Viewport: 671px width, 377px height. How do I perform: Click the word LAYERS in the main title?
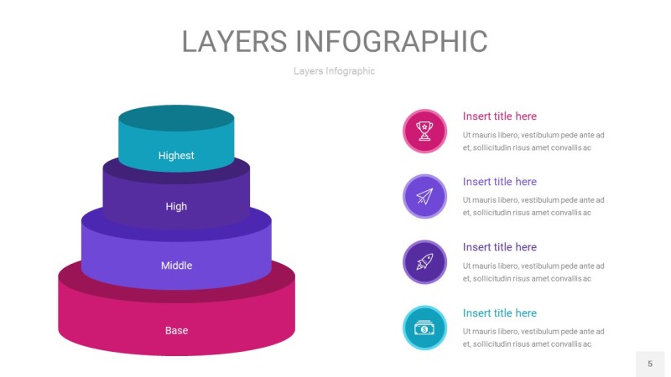pos(235,41)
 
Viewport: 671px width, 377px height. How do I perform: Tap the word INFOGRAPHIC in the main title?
pos(392,41)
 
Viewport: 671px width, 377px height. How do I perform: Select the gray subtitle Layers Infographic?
pos(334,71)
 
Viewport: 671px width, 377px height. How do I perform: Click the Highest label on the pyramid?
pos(176,156)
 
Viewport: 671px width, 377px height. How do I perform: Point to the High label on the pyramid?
pos(176,206)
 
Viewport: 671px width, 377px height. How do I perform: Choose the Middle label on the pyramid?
pos(176,266)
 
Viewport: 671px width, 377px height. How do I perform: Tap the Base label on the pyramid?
pos(176,330)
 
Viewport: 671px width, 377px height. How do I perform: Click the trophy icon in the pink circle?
pos(424,131)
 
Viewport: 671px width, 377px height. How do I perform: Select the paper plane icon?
pos(424,196)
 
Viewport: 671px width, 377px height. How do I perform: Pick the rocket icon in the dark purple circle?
pos(424,262)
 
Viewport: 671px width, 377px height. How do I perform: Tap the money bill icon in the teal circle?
pos(424,328)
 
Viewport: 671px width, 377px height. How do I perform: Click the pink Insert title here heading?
pos(499,116)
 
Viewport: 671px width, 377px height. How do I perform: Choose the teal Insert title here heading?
pos(499,312)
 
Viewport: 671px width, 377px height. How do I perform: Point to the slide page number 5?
pos(650,364)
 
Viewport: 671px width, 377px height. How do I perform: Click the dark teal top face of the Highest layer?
pos(176,118)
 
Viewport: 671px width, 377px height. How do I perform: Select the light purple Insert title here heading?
pos(499,182)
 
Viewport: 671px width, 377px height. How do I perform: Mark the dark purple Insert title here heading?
pos(499,247)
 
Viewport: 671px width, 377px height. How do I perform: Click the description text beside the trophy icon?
pos(533,142)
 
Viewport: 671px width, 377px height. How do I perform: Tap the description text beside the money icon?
pos(533,338)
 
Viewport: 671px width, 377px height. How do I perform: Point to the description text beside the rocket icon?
pos(533,272)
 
